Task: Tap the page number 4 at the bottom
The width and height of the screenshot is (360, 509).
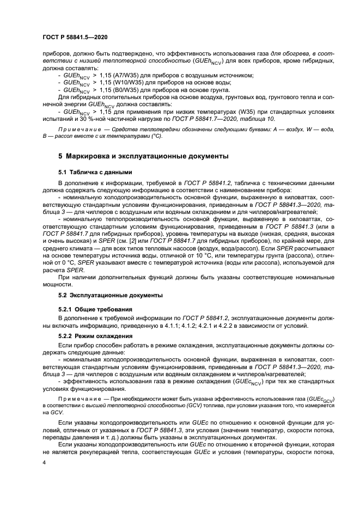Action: (44, 463)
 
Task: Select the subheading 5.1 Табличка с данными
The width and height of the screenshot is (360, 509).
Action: (95, 172)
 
